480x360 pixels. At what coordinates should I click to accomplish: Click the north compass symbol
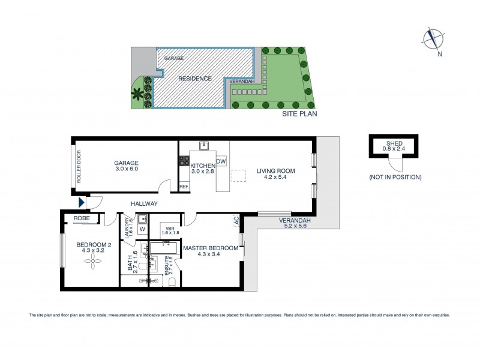point(431,39)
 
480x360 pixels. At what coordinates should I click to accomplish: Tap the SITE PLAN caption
point(300,113)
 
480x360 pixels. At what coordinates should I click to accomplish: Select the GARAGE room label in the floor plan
point(127,163)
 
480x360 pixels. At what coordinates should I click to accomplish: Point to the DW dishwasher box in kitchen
point(221,161)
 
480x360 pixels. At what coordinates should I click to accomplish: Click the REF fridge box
point(184,187)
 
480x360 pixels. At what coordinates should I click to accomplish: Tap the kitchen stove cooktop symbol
point(184,161)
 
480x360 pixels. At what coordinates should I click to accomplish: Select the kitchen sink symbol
point(205,145)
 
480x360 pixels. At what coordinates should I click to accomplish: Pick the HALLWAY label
point(145,203)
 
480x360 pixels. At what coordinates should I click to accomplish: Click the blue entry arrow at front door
point(82,203)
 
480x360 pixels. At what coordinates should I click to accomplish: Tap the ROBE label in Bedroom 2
point(82,219)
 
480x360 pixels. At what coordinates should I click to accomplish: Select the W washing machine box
point(142,228)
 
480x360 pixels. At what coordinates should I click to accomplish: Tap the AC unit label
point(236,221)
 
